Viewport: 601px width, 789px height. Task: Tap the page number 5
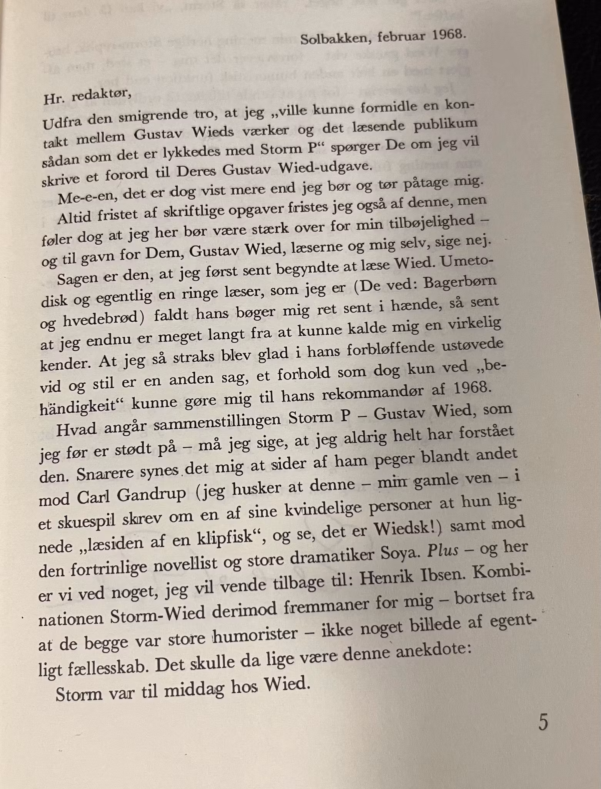(x=543, y=722)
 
